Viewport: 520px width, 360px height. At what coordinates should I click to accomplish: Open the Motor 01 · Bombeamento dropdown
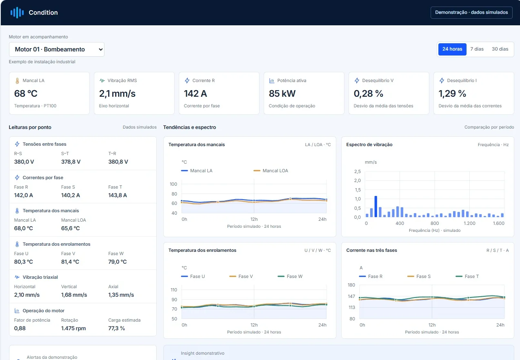(57, 49)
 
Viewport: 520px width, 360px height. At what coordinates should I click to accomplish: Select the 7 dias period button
(477, 49)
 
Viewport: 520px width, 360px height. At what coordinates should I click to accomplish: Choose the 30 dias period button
(500, 49)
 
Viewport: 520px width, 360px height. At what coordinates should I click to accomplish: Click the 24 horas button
(452, 49)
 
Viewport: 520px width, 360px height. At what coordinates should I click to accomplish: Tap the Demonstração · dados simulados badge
(471, 12)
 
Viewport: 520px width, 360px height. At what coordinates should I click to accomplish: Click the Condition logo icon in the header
(17, 13)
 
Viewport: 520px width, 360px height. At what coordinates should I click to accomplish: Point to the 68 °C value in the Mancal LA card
(26, 93)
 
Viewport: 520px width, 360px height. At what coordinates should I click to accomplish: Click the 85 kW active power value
(282, 93)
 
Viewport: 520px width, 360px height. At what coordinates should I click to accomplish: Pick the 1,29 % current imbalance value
(452, 93)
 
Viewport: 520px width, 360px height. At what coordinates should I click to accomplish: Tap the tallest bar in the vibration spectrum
(376, 207)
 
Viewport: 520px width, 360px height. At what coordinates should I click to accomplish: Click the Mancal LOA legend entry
(271, 171)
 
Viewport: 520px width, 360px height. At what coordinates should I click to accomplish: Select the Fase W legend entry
(290, 276)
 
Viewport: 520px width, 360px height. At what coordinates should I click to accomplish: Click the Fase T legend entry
(467, 276)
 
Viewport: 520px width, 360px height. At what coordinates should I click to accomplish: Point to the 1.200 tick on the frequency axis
(469, 223)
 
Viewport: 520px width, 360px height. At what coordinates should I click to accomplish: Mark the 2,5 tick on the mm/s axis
(358, 171)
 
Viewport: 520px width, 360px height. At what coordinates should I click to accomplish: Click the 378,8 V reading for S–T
(71, 162)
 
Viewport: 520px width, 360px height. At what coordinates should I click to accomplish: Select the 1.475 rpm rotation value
(73, 328)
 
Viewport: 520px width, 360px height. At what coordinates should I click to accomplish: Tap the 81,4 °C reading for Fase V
(70, 262)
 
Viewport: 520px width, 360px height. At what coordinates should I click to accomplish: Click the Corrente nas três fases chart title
(371, 250)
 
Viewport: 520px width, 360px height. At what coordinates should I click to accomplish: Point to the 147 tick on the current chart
(351, 296)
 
